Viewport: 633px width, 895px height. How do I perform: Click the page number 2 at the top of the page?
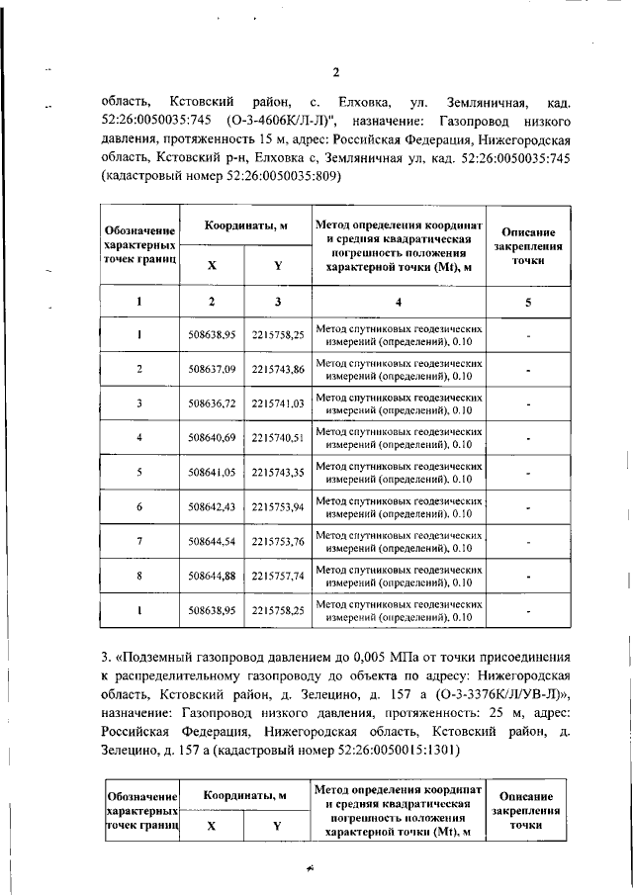pyautogui.click(x=335, y=73)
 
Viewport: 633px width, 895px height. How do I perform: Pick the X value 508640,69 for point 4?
pyautogui.click(x=212, y=437)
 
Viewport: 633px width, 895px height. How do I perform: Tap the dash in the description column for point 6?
pyautogui.click(x=529, y=507)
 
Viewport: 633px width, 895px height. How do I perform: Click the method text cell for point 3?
pyautogui.click(x=399, y=403)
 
